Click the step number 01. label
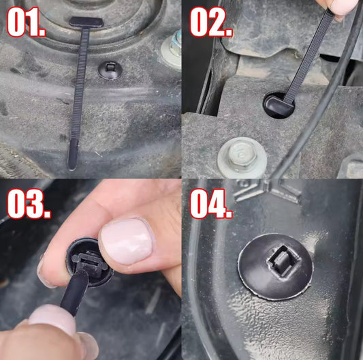pos(27,22)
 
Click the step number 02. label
pos(211,22)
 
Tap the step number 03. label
pos(29,204)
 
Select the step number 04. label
pos(211,204)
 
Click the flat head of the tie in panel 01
pos(86,22)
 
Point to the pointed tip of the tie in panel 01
pos(72,169)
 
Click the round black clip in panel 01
pos(110,70)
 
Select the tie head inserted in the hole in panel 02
pos(278,105)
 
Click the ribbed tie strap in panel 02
pos(308,56)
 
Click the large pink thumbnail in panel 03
pos(127,241)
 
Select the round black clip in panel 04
pos(276,267)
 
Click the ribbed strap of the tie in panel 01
pos(80,83)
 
